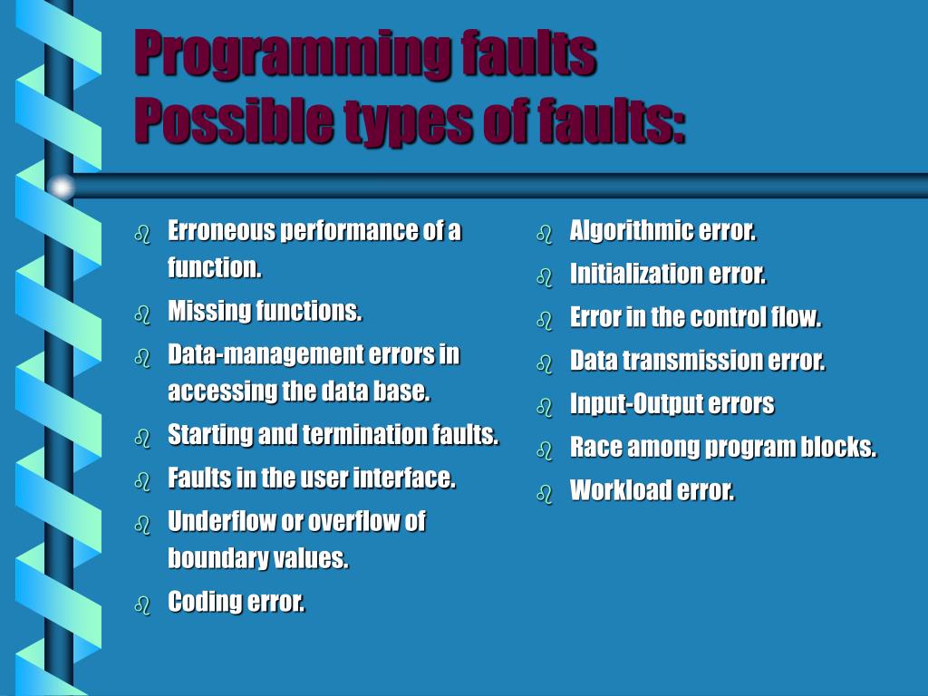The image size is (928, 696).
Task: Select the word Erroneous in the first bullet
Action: [221, 231]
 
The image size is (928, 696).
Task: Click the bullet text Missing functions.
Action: [265, 312]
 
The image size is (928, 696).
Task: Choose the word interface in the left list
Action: [403, 478]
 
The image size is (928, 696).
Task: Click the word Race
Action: [591, 447]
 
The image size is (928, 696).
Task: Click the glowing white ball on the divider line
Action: [61, 187]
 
